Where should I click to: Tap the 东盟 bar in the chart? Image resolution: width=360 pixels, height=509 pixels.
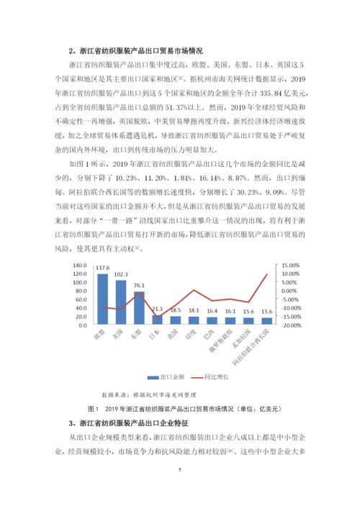(x=139, y=308)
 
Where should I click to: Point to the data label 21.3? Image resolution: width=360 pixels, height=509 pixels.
(x=157, y=309)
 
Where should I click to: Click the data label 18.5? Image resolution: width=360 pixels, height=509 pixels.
(x=176, y=310)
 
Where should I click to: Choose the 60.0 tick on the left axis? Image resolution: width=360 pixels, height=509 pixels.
(x=81, y=299)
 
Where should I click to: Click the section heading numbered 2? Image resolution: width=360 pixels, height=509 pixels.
(x=136, y=51)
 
